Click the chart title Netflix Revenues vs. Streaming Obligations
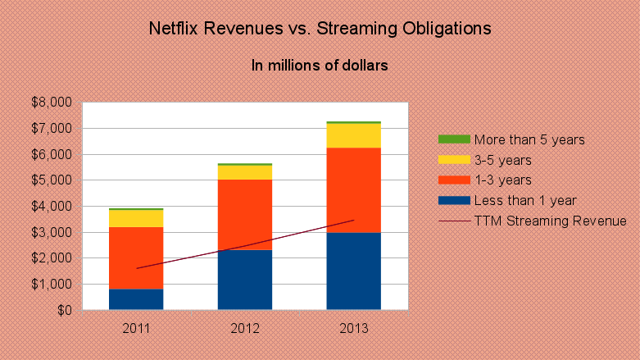coord(320,29)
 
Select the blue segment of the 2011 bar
coord(136,299)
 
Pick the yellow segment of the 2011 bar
coord(136,218)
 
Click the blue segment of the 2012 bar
coord(245,280)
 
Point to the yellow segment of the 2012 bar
coord(245,172)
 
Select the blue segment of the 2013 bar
coord(353,271)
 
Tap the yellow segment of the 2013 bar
coord(353,135)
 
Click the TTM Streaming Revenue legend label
coord(538,221)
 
